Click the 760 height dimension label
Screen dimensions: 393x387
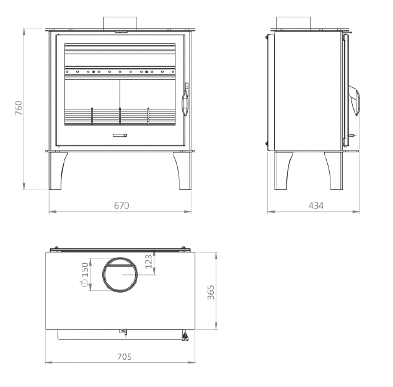(x=19, y=108)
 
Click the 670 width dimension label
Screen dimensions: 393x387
(x=121, y=206)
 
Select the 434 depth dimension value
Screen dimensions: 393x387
(x=316, y=206)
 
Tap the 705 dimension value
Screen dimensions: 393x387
(x=125, y=357)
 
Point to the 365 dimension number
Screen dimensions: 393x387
(x=211, y=292)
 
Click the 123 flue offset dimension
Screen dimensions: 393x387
(x=149, y=261)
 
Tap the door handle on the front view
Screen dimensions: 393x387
(x=185, y=99)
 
